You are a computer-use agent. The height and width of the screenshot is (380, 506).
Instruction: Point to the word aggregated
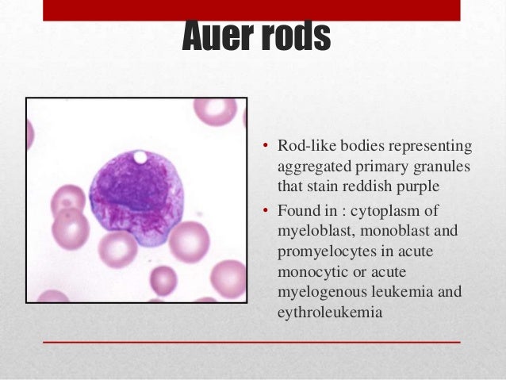coord(311,168)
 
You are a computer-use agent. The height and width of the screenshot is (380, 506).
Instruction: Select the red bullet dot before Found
coord(267,210)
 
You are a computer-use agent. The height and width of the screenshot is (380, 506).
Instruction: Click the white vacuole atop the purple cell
coord(140,157)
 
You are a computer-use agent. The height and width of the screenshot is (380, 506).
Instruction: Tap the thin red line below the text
coord(252,342)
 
